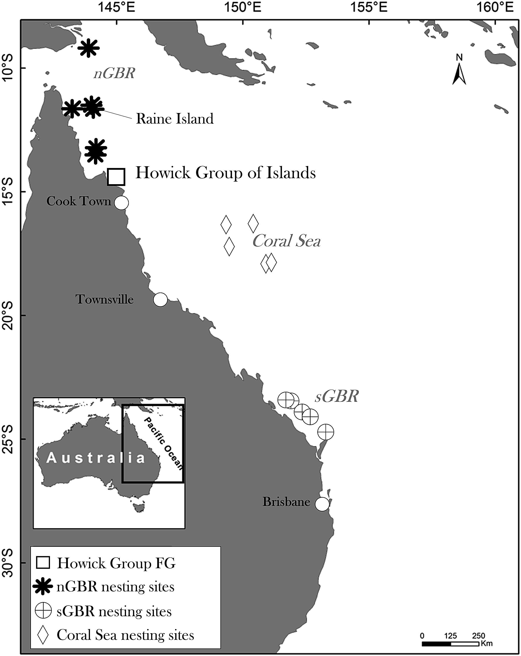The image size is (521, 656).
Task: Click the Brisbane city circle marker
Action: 322,504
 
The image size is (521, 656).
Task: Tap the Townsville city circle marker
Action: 160,300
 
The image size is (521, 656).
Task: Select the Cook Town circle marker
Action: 121,203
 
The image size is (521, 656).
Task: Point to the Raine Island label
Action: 175,119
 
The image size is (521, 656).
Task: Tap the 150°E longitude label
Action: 243,7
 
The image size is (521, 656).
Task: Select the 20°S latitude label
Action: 8,316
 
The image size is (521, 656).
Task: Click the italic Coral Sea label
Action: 286,241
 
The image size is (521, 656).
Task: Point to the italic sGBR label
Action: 337,396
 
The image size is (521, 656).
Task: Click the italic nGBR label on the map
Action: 114,73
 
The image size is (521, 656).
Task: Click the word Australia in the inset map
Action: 96,458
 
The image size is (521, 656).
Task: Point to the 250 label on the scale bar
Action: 478,636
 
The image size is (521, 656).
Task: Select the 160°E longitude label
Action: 495,7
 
